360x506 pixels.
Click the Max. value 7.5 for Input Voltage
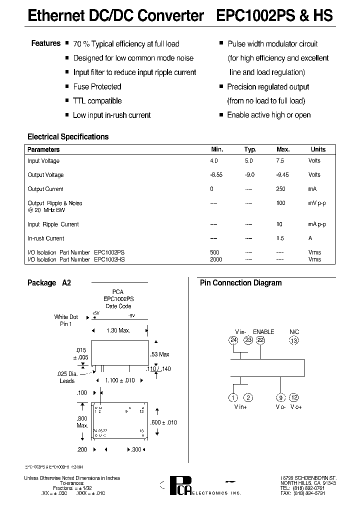click(x=280, y=161)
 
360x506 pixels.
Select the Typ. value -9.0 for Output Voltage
click(x=249, y=175)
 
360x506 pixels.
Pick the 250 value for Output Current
click(x=280, y=189)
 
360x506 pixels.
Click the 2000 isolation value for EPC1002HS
click(x=216, y=259)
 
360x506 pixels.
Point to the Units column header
click(x=318, y=149)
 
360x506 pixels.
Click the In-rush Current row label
click(x=46, y=238)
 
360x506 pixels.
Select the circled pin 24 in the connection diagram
click(x=233, y=340)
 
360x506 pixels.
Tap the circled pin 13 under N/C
click(x=294, y=340)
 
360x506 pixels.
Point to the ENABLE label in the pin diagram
click(x=263, y=331)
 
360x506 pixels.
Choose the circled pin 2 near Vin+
click(x=247, y=397)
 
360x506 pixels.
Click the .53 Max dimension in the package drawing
click(x=160, y=354)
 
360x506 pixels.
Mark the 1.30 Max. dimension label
click(x=118, y=330)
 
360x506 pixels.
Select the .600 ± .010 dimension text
click(x=164, y=422)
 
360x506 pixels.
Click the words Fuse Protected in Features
click(x=97, y=86)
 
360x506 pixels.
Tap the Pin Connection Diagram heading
click(x=240, y=282)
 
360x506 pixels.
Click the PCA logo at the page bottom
click(x=177, y=485)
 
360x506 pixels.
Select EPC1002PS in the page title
click(x=252, y=15)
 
